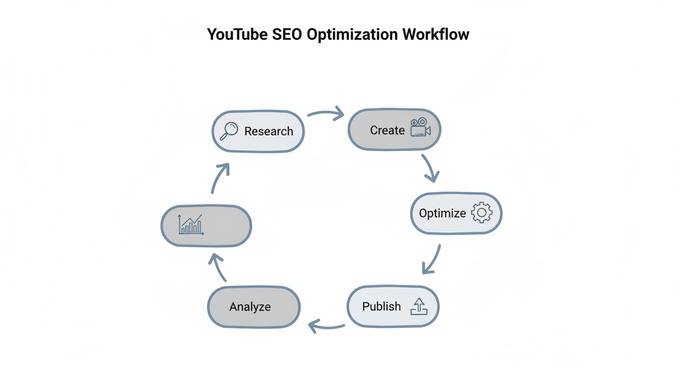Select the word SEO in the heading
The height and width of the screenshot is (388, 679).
tap(287, 34)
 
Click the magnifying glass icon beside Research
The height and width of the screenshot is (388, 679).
tap(229, 131)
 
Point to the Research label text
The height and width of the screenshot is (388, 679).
tap(268, 131)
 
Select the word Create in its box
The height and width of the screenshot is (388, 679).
tap(387, 130)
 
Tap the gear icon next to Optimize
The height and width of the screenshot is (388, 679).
tap(481, 213)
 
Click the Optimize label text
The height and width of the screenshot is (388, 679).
tap(442, 213)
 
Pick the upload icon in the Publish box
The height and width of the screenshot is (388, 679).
tap(419, 306)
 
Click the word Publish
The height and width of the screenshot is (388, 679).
tap(381, 307)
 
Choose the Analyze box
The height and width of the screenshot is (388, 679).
tap(254, 307)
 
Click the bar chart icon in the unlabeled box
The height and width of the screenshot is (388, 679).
tap(190, 225)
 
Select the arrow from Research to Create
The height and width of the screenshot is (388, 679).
tap(326, 114)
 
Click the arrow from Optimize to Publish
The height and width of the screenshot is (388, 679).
tap(432, 259)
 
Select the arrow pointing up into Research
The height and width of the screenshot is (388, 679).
tap(220, 178)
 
